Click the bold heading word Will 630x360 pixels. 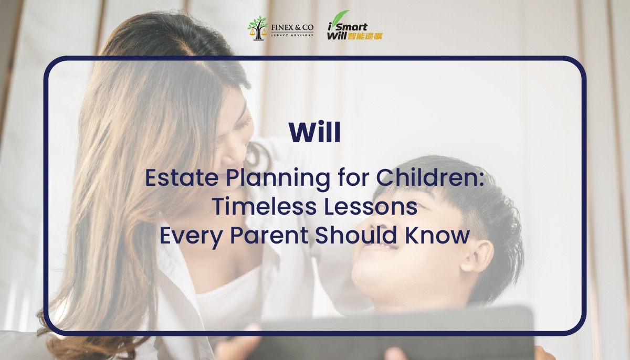[x=314, y=133]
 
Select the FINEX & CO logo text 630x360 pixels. [x=292, y=26]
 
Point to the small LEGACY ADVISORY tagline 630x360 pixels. [x=292, y=35]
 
